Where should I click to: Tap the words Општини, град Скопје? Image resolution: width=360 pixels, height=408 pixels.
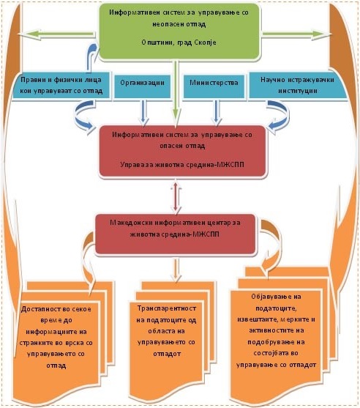[x=179, y=42]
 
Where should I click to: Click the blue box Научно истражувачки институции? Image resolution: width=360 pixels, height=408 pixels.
[x=298, y=86]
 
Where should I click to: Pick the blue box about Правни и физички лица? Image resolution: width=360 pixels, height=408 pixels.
[x=61, y=86]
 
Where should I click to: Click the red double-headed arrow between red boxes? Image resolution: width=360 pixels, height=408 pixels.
[x=176, y=196]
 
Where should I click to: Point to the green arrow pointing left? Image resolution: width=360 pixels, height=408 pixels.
[x=56, y=34]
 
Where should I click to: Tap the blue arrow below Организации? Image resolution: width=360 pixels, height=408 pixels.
[x=143, y=112]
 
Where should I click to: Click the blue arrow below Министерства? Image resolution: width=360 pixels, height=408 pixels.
[x=217, y=112]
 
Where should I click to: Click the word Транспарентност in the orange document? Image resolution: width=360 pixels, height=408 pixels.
[x=167, y=308]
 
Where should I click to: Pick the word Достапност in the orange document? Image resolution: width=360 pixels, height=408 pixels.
[x=38, y=309]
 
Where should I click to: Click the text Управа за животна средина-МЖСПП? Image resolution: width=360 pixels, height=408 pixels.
[x=182, y=165]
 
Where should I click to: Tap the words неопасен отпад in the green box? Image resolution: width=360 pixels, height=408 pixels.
[x=179, y=24]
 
